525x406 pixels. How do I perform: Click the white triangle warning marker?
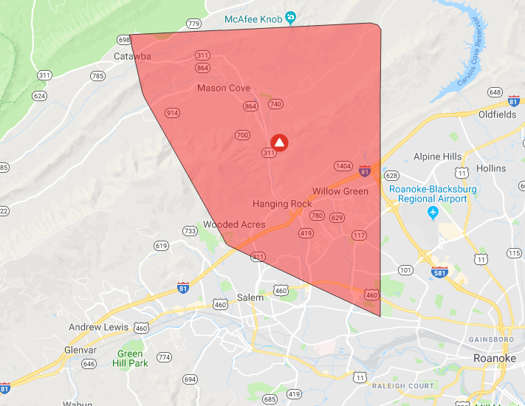(x=279, y=142)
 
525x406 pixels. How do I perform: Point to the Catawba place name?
(x=132, y=56)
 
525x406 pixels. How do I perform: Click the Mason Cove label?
(x=224, y=88)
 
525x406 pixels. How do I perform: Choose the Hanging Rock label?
(x=281, y=204)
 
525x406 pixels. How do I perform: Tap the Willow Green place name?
(x=340, y=191)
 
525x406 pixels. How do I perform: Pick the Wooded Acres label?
(x=234, y=224)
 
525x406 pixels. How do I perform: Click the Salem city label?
(x=250, y=297)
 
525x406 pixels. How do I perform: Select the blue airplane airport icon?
(x=433, y=213)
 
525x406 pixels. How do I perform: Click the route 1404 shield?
(x=343, y=166)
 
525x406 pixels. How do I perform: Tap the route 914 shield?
(x=173, y=112)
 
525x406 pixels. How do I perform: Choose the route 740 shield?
(x=275, y=104)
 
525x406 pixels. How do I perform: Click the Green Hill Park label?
(x=130, y=358)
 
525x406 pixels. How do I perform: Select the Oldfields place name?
(x=498, y=114)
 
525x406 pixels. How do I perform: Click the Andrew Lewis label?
(x=98, y=327)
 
